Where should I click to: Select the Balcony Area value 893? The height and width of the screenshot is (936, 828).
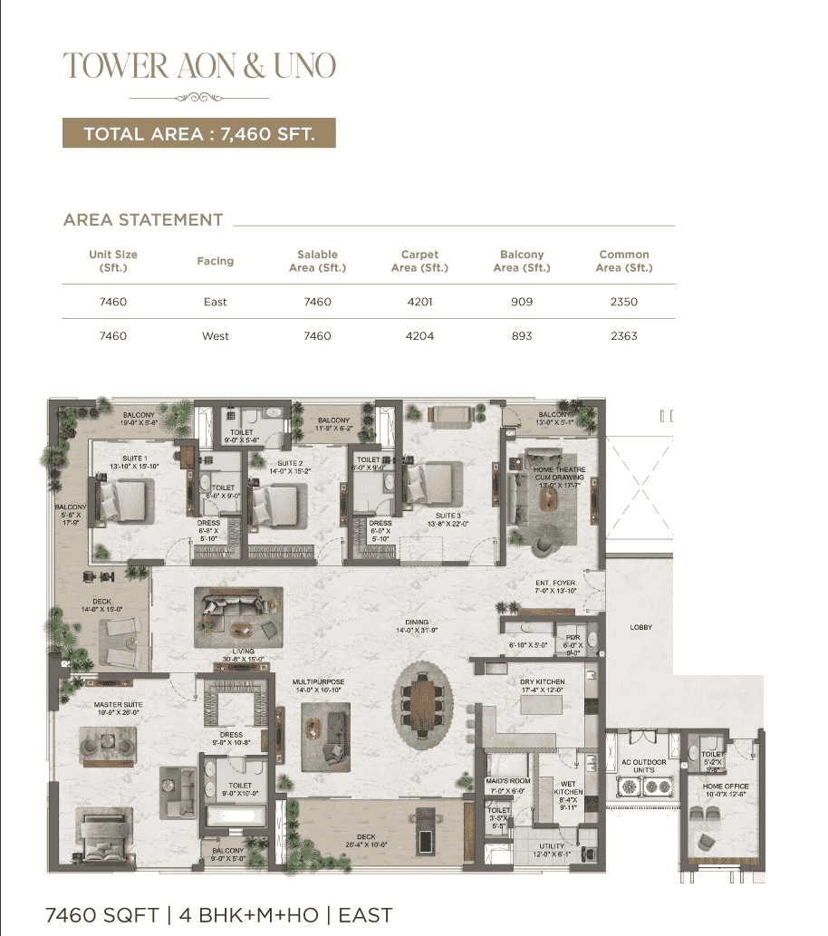click(522, 336)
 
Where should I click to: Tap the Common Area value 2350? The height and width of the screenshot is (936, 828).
click(623, 302)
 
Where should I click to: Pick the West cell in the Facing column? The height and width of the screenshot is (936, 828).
click(216, 336)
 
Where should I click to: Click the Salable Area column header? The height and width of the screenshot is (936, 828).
click(317, 261)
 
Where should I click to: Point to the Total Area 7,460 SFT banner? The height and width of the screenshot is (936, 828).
click(198, 134)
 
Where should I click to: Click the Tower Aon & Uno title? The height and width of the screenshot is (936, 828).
click(198, 65)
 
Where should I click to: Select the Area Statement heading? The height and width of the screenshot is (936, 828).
click(143, 220)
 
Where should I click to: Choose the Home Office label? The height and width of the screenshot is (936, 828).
click(725, 791)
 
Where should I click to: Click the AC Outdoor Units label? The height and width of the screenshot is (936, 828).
click(644, 767)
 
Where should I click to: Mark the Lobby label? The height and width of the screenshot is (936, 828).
click(641, 627)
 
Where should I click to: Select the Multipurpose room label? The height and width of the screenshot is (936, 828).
click(318, 686)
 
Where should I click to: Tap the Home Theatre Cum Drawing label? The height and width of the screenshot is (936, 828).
click(559, 475)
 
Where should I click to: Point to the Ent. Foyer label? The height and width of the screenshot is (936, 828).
click(554, 586)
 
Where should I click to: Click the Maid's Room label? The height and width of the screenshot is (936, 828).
click(506, 785)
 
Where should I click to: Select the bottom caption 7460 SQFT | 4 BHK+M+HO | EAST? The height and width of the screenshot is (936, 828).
click(218, 915)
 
